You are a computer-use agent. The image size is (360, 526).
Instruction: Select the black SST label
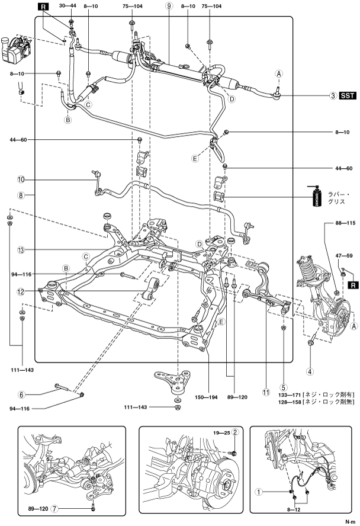click(x=348, y=95)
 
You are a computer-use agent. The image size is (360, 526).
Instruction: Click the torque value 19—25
click(x=222, y=432)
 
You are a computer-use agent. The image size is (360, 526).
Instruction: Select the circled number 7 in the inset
click(x=72, y=508)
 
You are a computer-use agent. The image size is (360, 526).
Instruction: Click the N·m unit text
click(x=351, y=522)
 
